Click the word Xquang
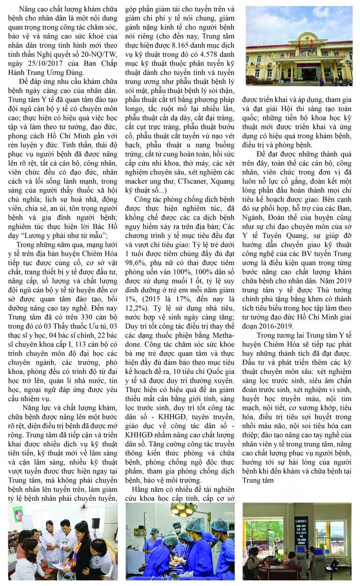click(x=221, y=182)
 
